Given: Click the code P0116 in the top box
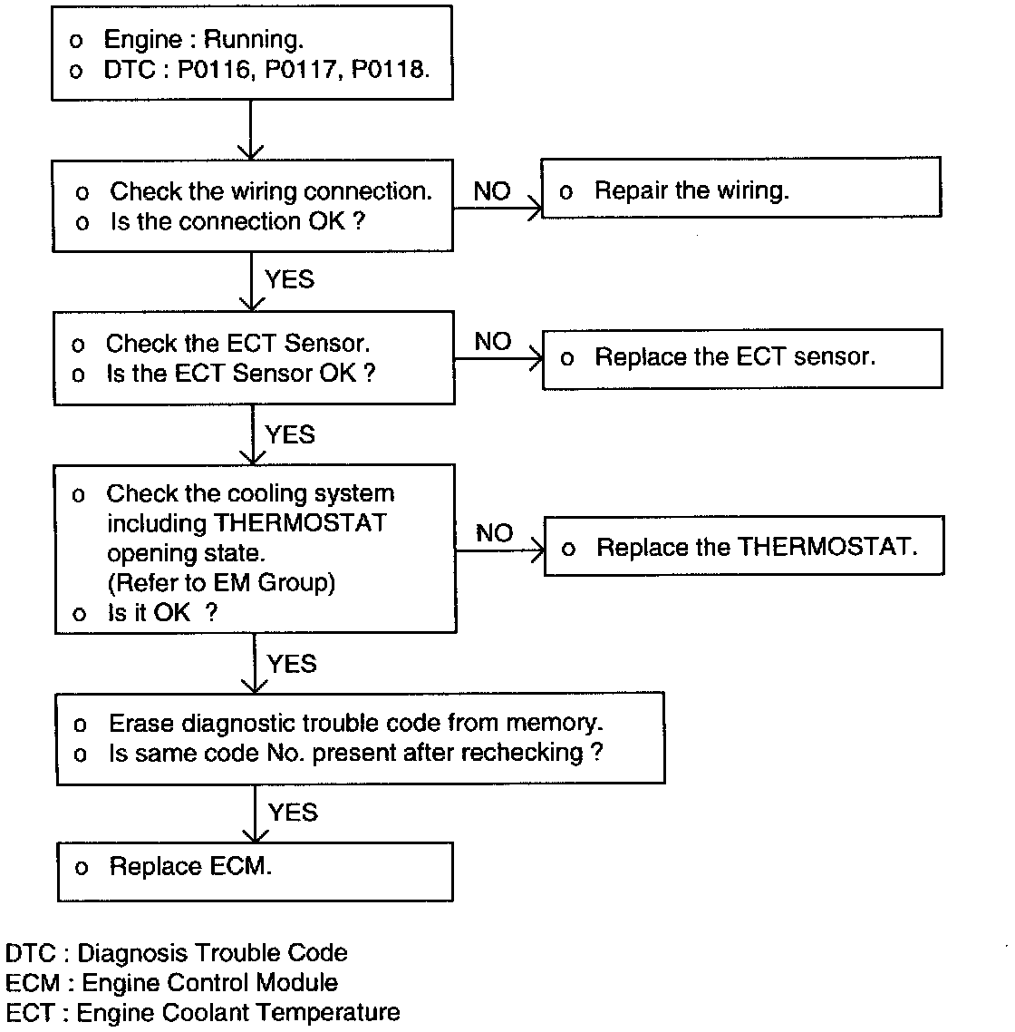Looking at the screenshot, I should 214,70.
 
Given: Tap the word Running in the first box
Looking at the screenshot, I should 253,40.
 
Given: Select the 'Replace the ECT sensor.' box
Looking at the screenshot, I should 741,358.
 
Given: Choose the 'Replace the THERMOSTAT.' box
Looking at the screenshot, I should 743,546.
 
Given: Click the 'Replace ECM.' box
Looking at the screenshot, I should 254,871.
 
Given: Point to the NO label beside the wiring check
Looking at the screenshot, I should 492,191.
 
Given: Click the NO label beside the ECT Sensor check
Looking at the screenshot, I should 493,342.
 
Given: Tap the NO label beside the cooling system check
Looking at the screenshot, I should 494,533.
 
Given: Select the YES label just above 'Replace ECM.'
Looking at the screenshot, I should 293,812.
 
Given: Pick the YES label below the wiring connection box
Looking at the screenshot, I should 290,279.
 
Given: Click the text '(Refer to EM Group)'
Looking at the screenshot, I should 221,582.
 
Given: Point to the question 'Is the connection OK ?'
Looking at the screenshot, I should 237,221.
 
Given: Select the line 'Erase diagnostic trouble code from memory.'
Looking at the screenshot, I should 355,723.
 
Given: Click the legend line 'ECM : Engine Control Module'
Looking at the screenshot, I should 171,983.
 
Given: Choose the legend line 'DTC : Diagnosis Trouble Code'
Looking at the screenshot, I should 176,953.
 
